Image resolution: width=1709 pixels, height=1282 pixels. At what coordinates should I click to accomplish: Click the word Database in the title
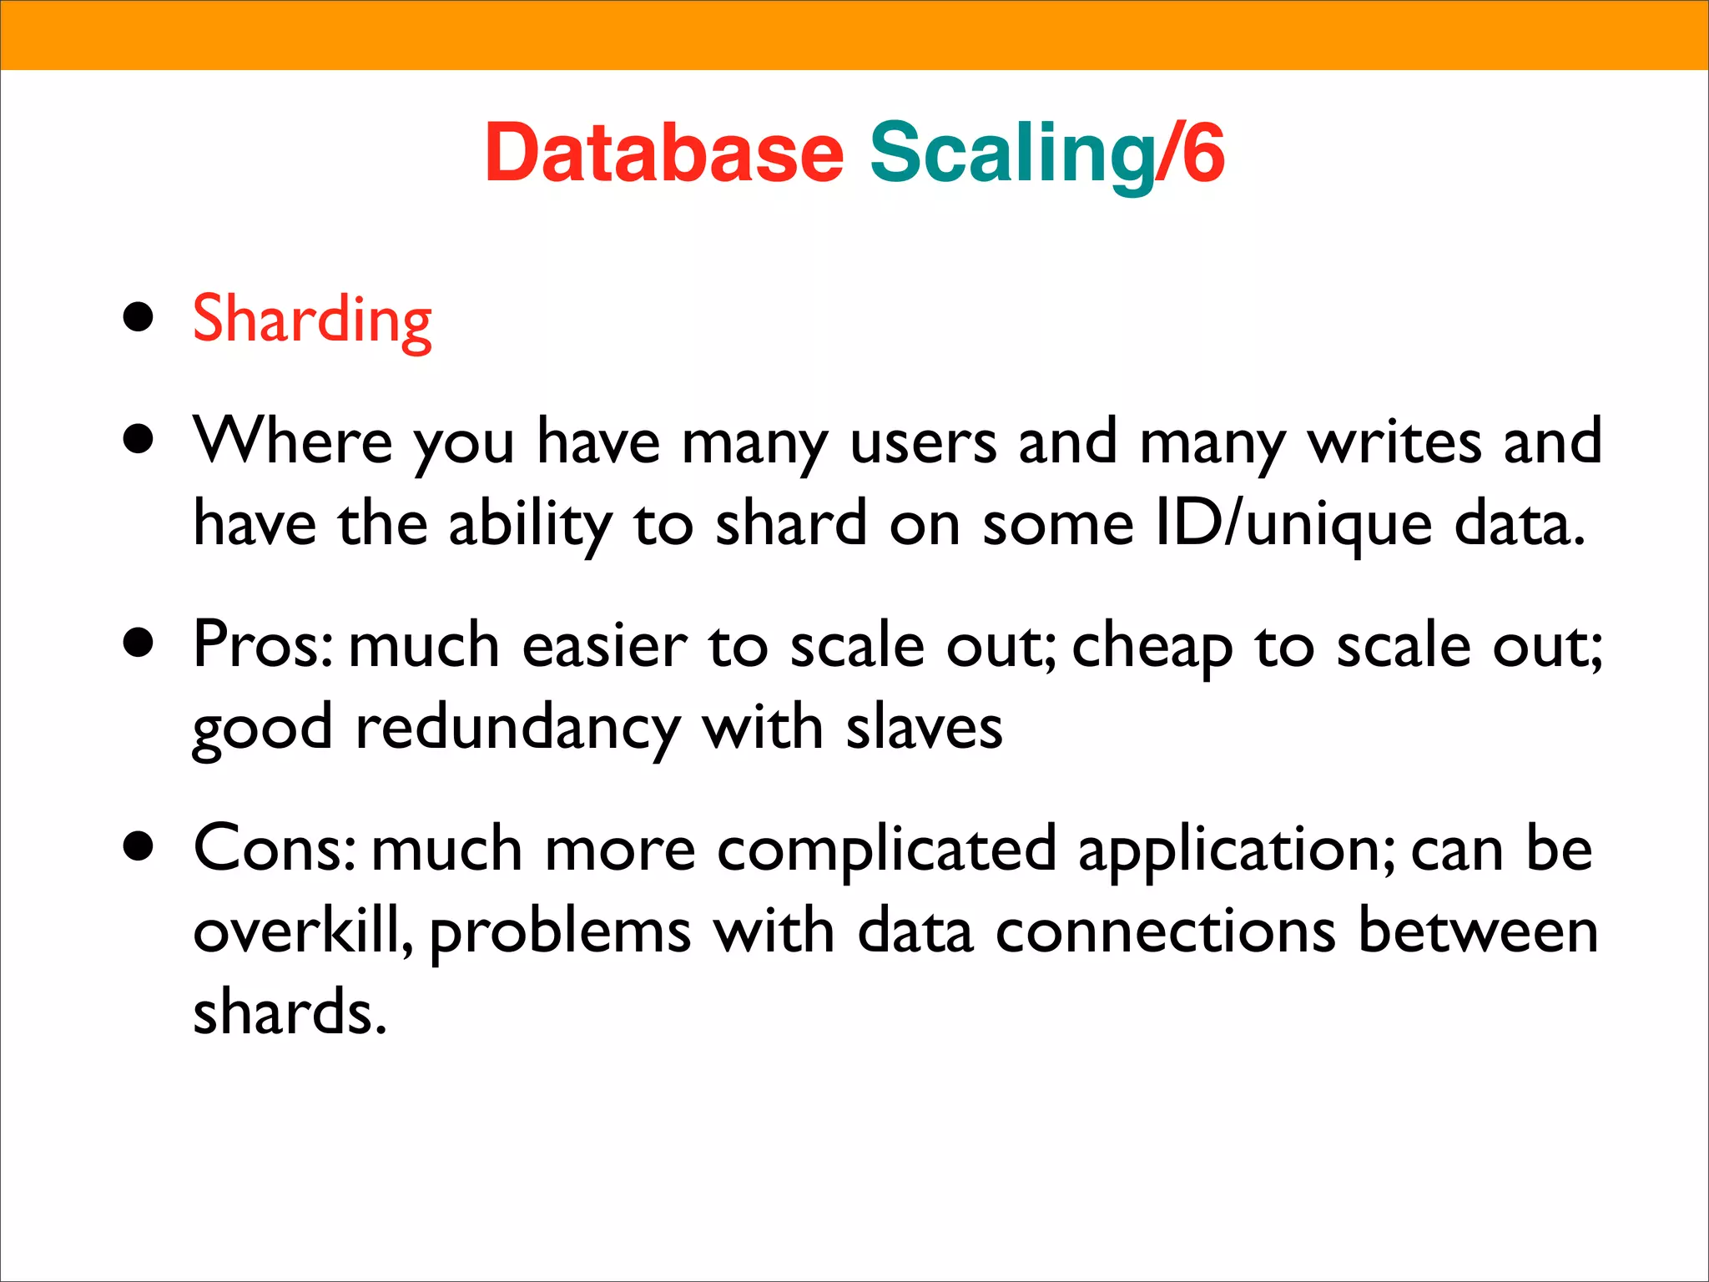click(x=664, y=153)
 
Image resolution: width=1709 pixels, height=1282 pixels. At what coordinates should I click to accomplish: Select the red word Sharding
click(x=312, y=320)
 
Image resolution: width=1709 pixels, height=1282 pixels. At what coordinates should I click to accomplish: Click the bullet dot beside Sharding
click(x=139, y=318)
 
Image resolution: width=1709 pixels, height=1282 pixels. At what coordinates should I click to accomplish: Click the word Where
click(x=293, y=441)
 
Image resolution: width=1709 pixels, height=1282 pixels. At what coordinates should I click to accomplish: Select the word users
click(x=923, y=441)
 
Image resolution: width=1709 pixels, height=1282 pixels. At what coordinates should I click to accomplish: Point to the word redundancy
click(x=518, y=728)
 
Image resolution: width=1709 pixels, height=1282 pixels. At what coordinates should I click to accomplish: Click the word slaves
click(x=924, y=728)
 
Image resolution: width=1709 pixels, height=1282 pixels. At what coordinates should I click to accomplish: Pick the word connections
click(x=1166, y=930)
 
